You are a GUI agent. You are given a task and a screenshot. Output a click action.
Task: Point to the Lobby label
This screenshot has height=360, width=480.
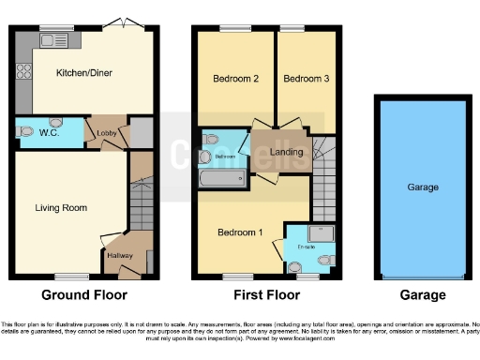point(106,134)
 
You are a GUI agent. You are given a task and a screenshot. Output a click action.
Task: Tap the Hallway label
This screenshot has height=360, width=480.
point(119,255)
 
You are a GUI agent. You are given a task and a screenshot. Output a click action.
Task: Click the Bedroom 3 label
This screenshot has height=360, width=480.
point(306,79)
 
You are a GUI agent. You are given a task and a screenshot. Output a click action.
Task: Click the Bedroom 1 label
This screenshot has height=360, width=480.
point(239,232)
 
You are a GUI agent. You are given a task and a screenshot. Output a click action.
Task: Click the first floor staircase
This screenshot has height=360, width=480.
point(323,178)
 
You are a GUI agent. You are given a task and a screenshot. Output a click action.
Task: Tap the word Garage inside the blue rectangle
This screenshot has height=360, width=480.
point(422,187)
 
